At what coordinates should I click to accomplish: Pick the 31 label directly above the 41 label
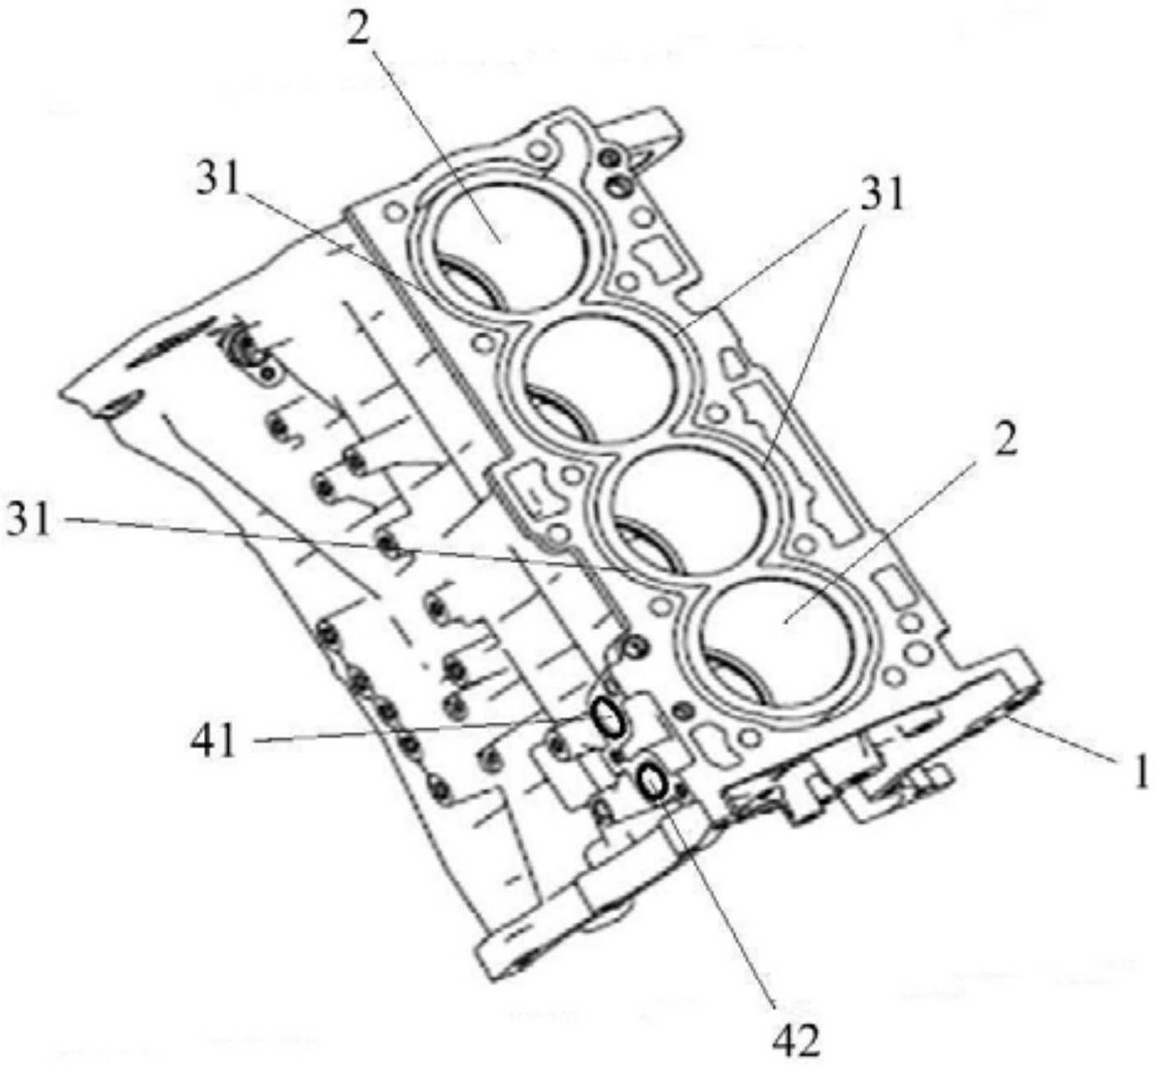click(29, 521)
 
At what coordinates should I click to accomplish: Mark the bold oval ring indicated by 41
click(608, 717)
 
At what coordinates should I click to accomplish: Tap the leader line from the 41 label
click(413, 731)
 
